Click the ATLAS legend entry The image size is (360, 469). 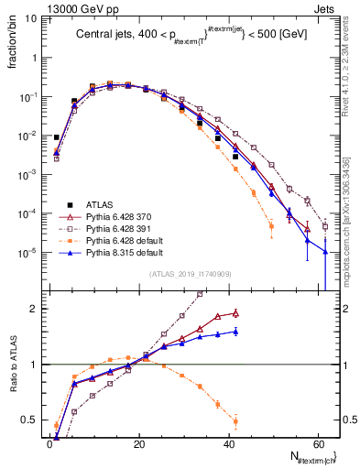[102, 204]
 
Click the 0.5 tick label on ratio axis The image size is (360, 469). [31, 421]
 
